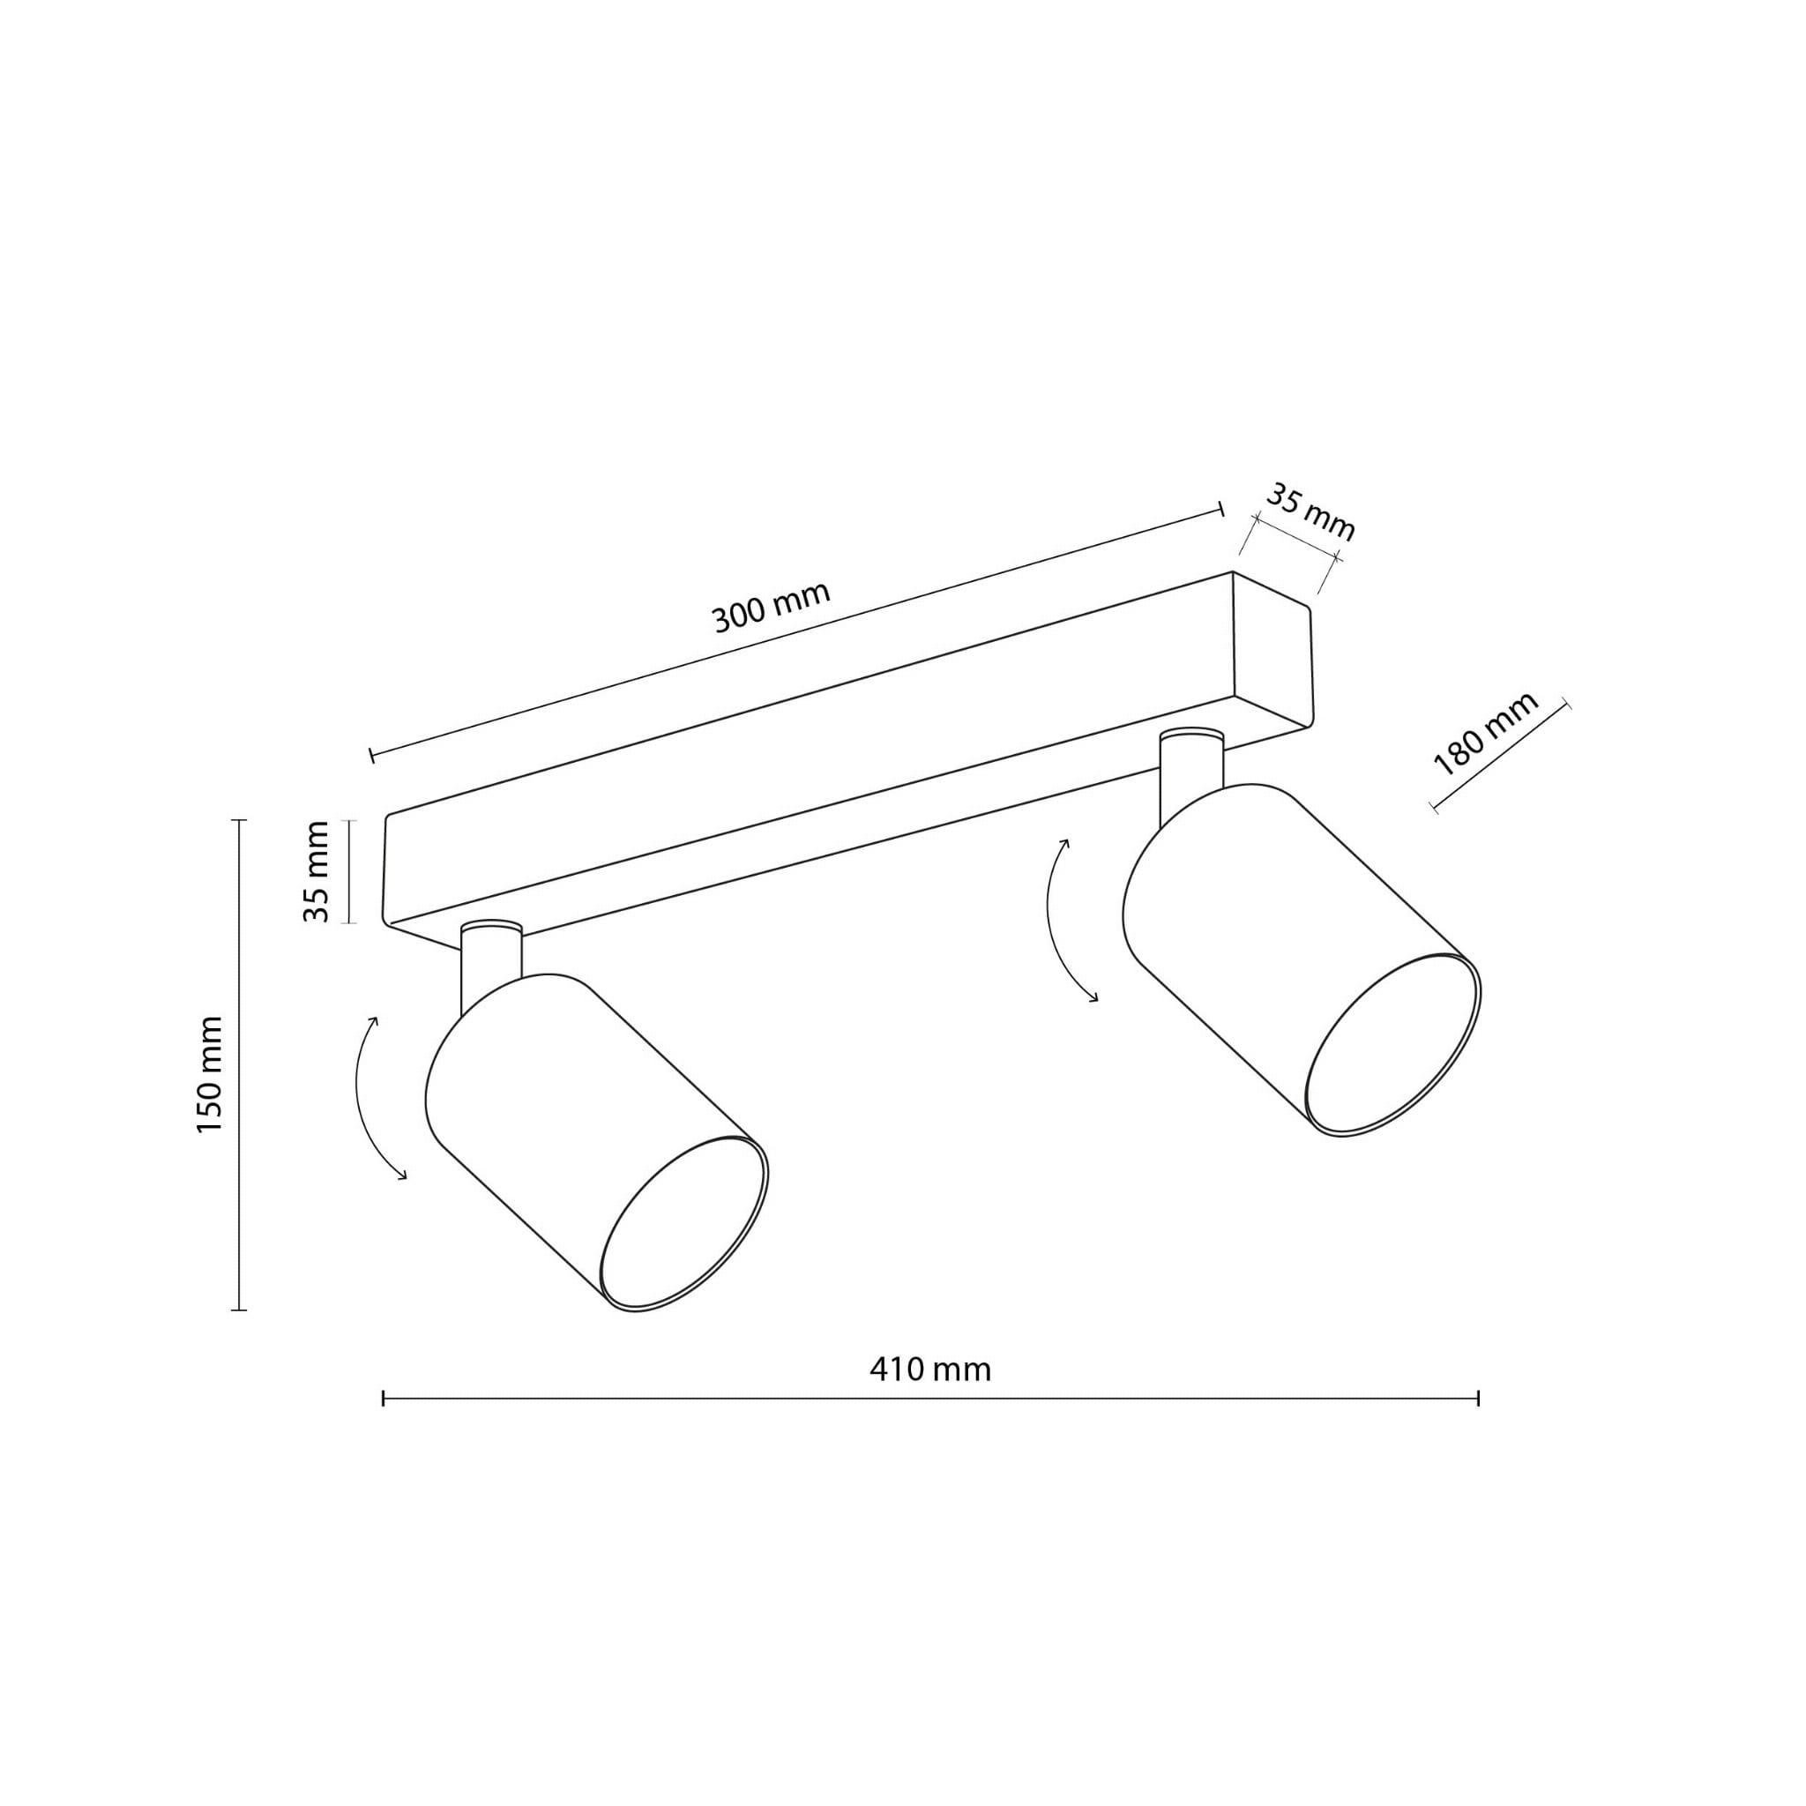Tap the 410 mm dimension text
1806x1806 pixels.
pyautogui.click(x=930, y=1370)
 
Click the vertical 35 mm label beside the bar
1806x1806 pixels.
pyautogui.click(x=317, y=872)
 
